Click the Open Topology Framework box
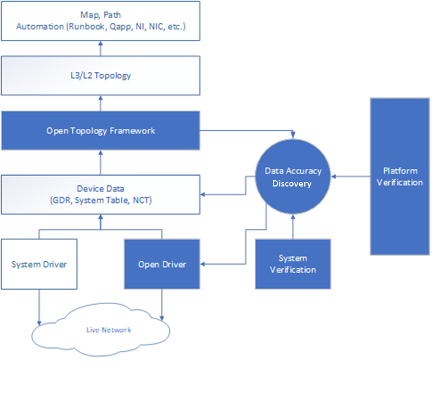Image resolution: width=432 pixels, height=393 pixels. coord(100,131)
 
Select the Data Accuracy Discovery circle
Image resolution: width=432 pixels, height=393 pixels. coord(293,177)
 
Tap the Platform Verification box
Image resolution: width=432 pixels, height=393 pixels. coord(400,176)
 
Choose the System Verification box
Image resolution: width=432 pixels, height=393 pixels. coord(293,264)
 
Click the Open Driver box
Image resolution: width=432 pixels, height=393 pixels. coord(162,264)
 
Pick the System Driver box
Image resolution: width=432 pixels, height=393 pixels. coord(39,264)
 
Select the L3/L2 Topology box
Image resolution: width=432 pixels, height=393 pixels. coord(100,75)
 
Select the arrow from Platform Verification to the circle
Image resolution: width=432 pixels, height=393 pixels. coord(351,177)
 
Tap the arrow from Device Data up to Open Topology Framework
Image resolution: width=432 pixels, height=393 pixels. coord(100,162)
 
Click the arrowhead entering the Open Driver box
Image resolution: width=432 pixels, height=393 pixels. coord(203,264)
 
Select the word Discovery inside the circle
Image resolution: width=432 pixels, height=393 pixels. coord(293,183)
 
